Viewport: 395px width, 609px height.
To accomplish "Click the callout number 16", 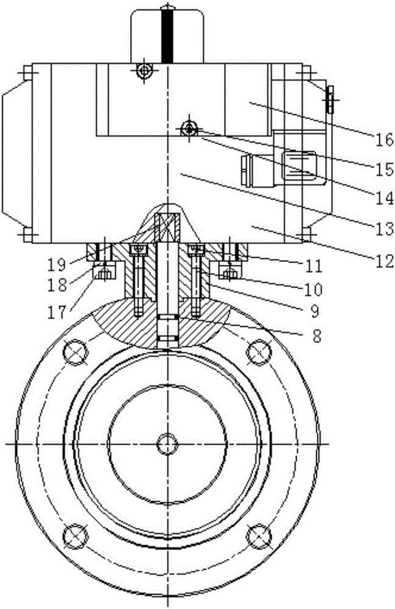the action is [x=383, y=139].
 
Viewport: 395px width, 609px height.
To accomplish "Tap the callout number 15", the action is [x=384, y=169].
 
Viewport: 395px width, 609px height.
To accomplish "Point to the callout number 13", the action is [x=384, y=229].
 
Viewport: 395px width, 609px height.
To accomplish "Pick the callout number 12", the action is [x=384, y=262].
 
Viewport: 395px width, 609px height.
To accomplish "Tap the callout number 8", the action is [x=316, y=336].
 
